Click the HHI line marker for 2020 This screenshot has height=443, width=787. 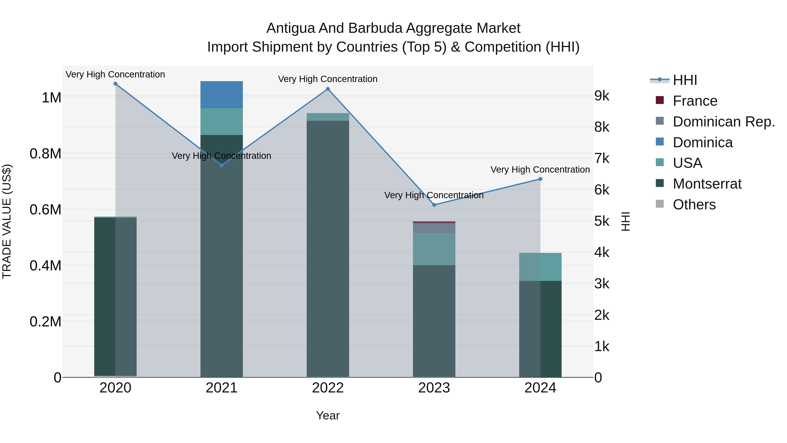click(x=115, y=84)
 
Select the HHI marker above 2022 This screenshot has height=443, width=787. click(x=328, y=89)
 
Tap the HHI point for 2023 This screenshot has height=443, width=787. click(x=434, y=205)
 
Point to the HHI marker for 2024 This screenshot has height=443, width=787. click(x=540, y=179)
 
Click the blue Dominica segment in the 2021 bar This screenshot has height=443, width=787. click(x=221, y=95)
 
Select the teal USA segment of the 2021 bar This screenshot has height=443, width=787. click(x=221, y=122)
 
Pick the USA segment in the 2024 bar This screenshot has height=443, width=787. click(x=540, y=267)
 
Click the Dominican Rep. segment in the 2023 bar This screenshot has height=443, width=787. click(x=434, y=228)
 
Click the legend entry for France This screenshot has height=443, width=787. click(x=695, y=101)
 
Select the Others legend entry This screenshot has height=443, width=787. click(x=694, y=205)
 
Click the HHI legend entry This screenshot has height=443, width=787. click(x=685, y=80)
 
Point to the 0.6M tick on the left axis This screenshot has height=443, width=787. click(x=45, y=210)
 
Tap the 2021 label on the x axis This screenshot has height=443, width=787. click(x=221, y=388)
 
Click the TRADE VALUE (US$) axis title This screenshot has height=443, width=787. click(x=7, y=221)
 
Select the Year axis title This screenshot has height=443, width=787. click(x=328, y=415)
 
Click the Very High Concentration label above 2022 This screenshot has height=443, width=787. click(x=328, y=79)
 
